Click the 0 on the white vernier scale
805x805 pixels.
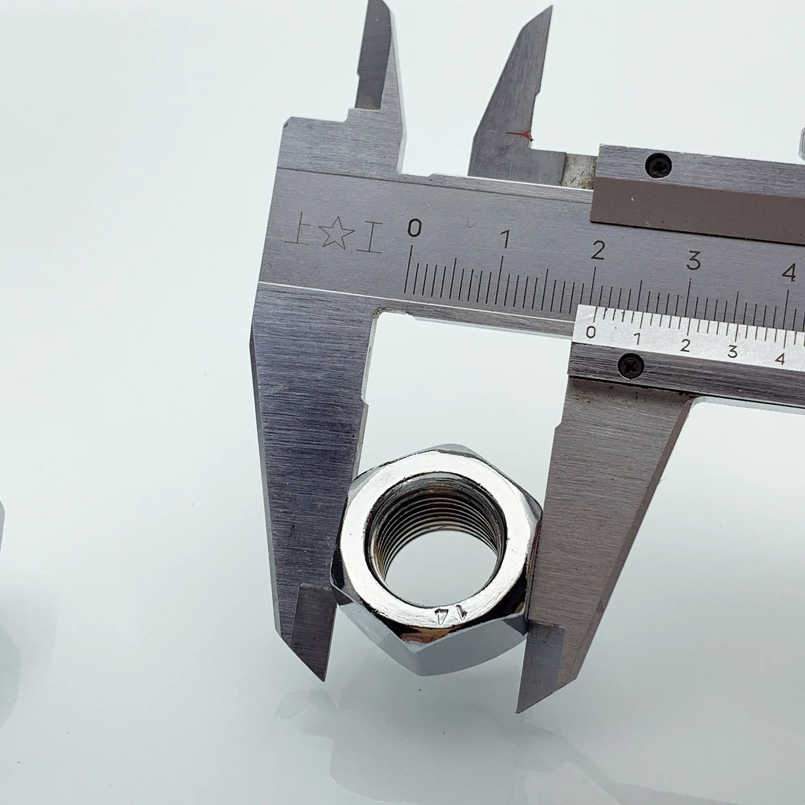[591, 332]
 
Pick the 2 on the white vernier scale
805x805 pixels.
[686, 346]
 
